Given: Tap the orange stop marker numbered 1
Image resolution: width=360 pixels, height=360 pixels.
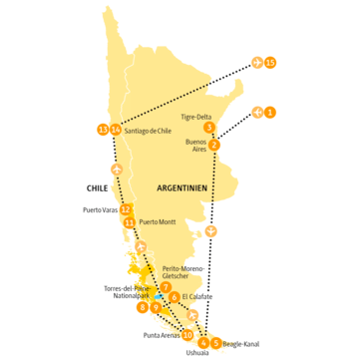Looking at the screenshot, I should tap(271, 112).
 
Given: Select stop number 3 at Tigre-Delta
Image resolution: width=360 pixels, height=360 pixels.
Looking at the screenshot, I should tap(208, 128).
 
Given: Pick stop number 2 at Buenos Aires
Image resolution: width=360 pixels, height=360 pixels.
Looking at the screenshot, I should tap(214, 145).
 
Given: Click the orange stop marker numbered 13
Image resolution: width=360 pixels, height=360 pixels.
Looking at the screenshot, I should tap(102, 129).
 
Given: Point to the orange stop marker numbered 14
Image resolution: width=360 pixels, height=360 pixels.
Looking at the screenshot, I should tap(116, 130).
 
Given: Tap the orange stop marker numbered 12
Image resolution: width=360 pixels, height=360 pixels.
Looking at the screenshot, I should tap(124, 209).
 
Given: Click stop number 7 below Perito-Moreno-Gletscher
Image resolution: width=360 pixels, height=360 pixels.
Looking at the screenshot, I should tap(166, 288).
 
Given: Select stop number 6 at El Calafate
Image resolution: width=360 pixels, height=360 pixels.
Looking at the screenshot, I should tap(176, 297).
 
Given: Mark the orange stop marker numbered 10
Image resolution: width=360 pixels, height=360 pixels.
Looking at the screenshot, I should tap(188, 335).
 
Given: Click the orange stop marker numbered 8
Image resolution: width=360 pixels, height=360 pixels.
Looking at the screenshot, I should tap(143, 307).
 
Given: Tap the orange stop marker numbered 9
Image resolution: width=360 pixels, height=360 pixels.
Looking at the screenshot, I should tap(157, 307).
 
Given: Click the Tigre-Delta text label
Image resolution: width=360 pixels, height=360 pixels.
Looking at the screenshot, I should tap(196, 115).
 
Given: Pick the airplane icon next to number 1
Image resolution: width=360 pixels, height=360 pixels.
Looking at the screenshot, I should tap(257, 112).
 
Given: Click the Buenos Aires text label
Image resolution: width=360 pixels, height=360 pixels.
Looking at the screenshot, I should tap(195, 147).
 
